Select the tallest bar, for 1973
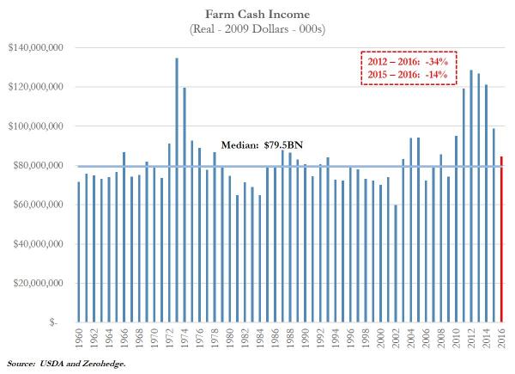pos(176,190)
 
